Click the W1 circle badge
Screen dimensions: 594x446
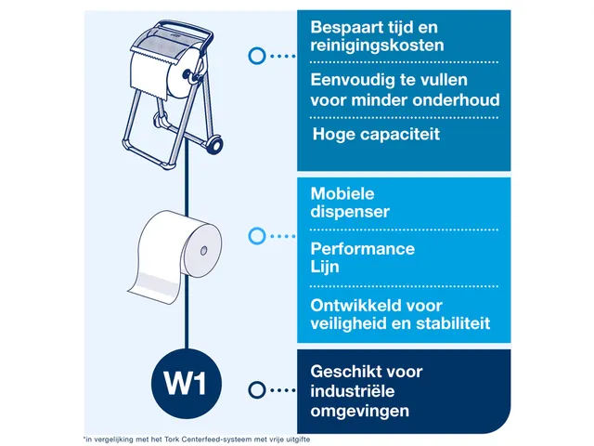[187, 384]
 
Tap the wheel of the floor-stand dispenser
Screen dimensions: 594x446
[214, 145]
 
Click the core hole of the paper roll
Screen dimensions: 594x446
[203, 250]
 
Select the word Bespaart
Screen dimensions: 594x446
[342, 28]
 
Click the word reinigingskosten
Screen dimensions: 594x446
[377, 46]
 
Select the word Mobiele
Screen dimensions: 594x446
[342, 194]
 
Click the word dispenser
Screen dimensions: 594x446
[350, 212]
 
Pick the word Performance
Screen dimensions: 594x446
[363, 249]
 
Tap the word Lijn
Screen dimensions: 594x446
[325, 267]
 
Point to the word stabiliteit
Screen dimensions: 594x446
[453, 323]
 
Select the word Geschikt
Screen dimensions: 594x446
[342, 372]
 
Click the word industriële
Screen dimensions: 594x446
[353, 391]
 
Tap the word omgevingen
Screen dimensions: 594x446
[359, 412]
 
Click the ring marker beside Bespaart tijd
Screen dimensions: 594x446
[257, 56]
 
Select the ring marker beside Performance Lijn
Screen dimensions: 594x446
[257, 236]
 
